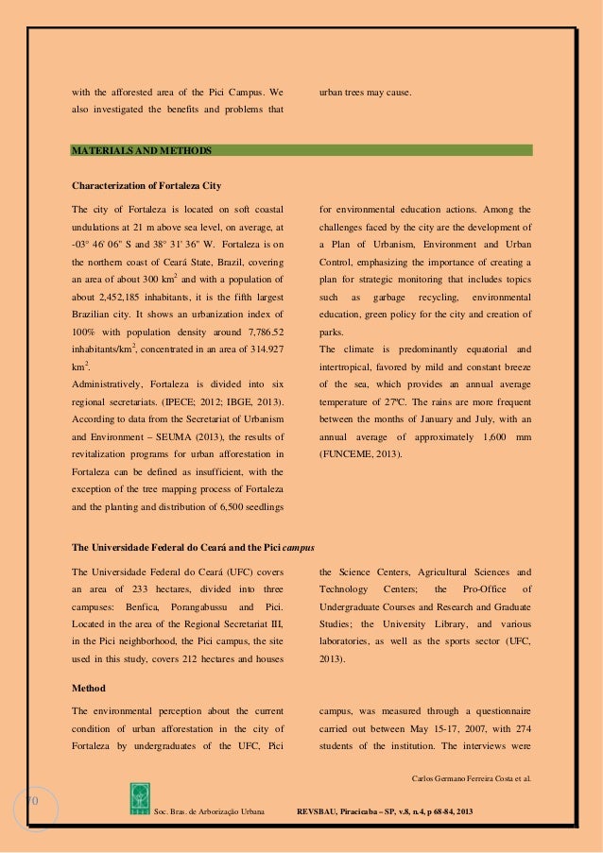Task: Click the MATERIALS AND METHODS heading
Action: click(143, 150)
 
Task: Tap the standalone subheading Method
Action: click(89, 687)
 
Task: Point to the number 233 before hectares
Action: click(125, 588)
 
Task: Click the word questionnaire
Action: click(498, 710)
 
